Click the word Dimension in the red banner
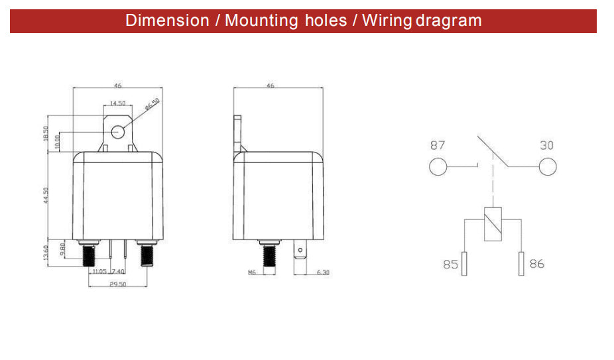167,21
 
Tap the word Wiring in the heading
387,21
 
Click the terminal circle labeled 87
438,166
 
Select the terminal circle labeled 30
548,166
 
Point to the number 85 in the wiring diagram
450,265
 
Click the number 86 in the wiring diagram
537,264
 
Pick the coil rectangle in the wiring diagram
493,223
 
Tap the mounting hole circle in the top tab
117,132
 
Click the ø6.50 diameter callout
152,104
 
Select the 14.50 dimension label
117,103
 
